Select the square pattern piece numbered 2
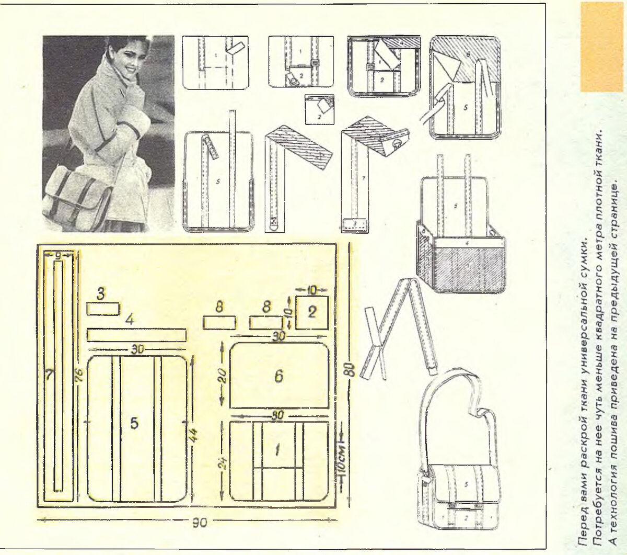click(312, 312)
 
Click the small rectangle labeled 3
click(102, 309)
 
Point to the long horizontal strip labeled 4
click(136, 334)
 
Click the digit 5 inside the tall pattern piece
click(134, 424)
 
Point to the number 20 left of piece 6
click(222, 375)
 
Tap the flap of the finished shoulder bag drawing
click(462, 484)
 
